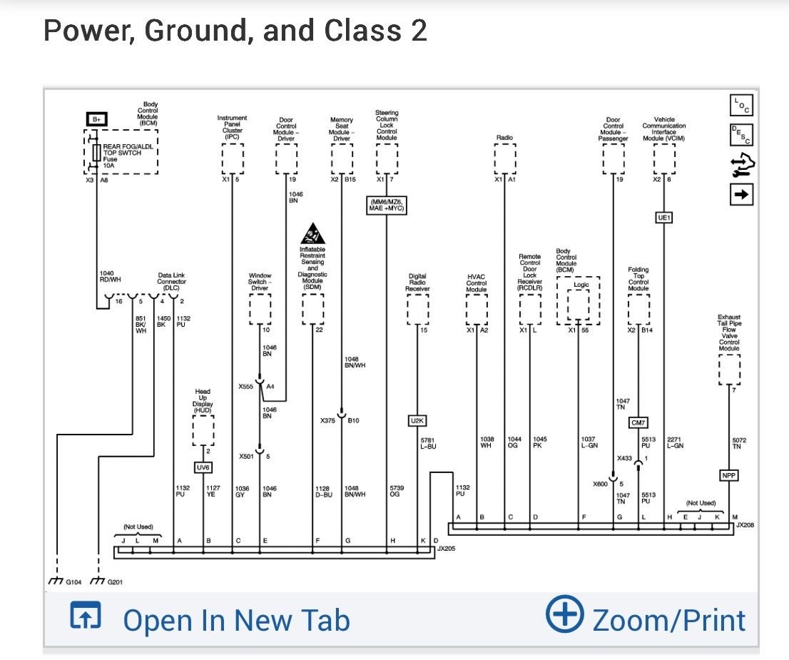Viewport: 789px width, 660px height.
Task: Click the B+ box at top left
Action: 96,119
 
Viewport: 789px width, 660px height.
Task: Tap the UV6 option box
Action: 204,467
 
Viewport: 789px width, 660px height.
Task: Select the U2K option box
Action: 417,421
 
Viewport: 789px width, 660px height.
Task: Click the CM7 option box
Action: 638,423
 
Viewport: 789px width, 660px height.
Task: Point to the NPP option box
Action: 728,475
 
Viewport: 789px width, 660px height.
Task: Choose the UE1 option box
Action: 663,217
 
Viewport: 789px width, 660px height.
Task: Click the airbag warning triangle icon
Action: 312,234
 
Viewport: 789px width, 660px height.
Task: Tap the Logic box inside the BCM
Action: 582,285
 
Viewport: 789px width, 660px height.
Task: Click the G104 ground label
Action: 73,582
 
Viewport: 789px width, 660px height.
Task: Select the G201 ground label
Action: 115,582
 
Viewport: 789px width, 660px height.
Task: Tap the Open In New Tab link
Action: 236,619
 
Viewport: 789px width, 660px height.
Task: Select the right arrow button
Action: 742,194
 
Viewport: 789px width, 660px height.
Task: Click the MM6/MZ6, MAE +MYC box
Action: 386,205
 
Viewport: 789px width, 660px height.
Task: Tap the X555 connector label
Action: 246,386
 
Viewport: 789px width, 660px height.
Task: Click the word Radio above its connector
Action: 504,137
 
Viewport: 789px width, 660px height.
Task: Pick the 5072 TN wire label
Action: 739,443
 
